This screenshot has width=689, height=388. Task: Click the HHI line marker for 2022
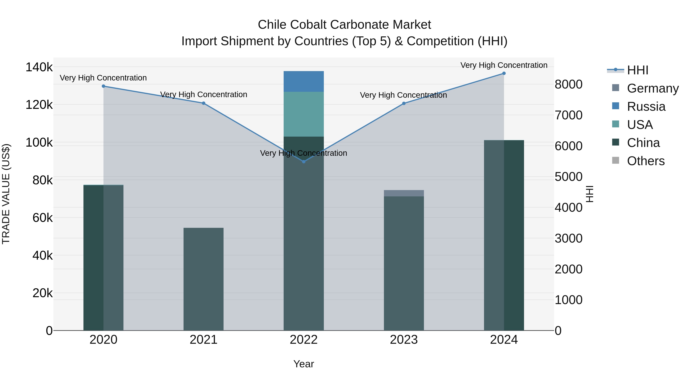(x=304, y=162)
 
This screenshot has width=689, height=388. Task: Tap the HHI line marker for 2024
(x=504, y=73)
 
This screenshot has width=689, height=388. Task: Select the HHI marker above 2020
(x=104, y=86)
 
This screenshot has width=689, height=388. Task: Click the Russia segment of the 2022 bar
(x=304, y=81)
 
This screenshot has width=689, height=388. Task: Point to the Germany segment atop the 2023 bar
(x=404, y=193)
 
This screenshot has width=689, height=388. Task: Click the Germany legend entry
(x=653, y=88)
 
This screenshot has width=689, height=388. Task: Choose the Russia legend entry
(x=646, y=107)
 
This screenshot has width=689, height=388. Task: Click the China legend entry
(x=643, y=143)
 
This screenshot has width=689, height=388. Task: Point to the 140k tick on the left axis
(x=39, y=67)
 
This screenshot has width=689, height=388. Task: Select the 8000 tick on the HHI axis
(x=569, y=84)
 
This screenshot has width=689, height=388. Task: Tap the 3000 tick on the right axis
(x=569, y=238)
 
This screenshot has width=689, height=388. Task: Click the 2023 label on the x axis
(x=404, y=340)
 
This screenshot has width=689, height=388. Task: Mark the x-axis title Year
(x=304, y=364)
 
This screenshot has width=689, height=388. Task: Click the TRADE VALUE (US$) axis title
(x=6, y=194)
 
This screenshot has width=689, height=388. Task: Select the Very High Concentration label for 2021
(x=204, y=94)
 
